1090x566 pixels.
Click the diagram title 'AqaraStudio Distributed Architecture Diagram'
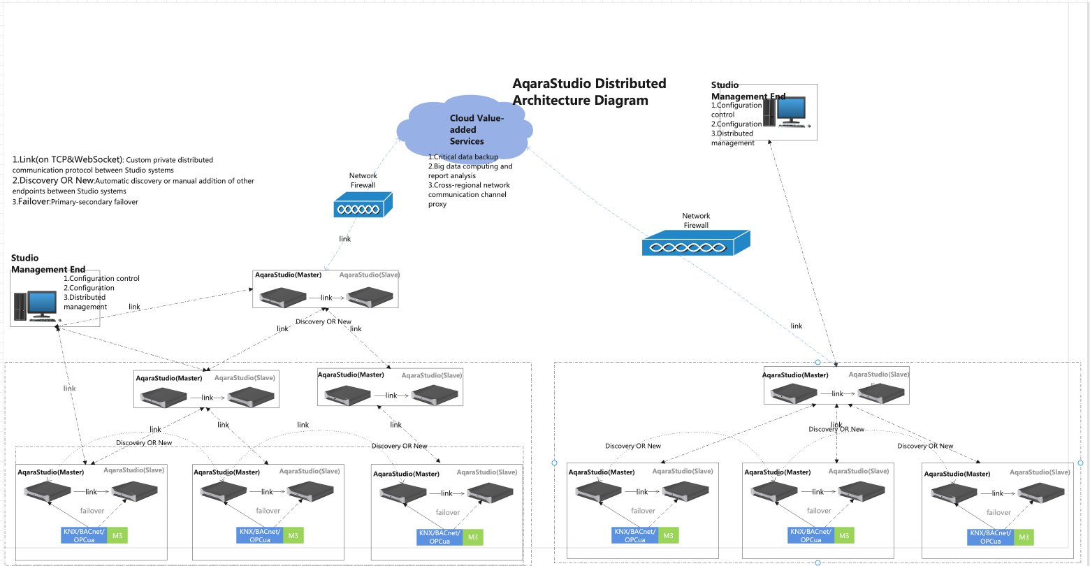pos(589,92)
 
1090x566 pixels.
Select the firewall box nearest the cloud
pos(363,208)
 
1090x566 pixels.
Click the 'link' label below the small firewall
pos(344,239)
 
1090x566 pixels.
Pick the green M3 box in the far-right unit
pos(1024,537)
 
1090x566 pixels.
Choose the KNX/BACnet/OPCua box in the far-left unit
pos(84,535)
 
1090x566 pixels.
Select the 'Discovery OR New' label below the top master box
pos(324,322)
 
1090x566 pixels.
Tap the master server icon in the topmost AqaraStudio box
pos(284,296)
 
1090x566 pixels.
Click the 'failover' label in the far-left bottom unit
pos(92,510)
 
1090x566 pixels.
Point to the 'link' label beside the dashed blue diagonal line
pos(796,326)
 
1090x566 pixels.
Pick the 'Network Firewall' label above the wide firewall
pos(696,221)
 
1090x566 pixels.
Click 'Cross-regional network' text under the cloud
pos(472,185)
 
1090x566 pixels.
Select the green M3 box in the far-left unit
pos(117,535)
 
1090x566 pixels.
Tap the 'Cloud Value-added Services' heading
pos(476,129)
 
